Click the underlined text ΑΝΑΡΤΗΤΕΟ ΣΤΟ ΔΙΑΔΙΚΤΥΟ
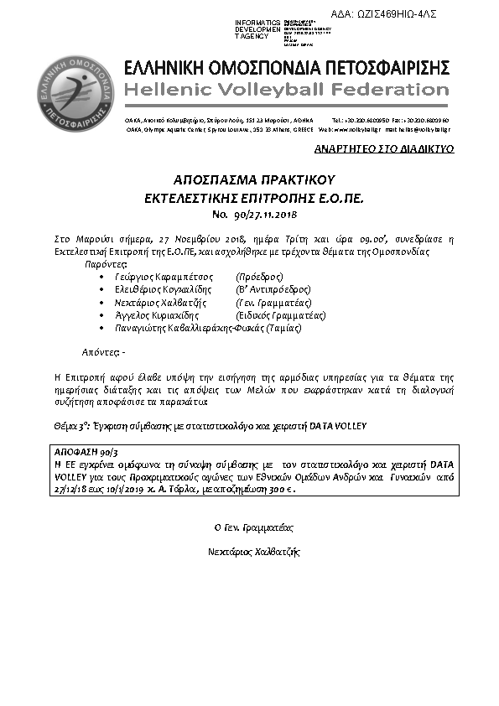pos(397,148)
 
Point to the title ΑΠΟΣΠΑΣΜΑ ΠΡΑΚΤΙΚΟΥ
pos(254,179)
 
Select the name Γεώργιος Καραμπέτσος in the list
pos(156,276)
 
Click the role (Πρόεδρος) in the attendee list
pos(261,276)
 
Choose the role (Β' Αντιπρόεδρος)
pos(273,288)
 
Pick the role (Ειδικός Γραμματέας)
pos(281,314)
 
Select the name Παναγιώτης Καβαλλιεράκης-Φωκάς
pos(176,328)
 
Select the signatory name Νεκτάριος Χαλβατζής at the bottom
pos(253,552)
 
